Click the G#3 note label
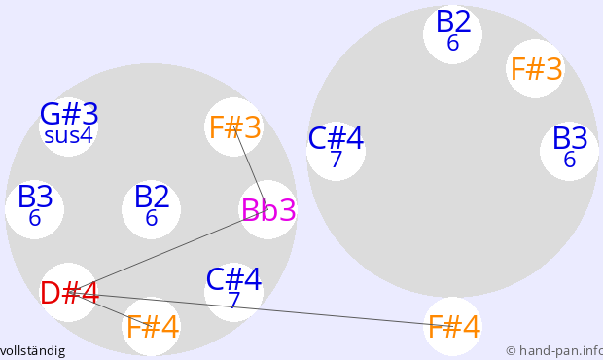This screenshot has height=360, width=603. (69, 114)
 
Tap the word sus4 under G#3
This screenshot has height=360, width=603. (68, 136)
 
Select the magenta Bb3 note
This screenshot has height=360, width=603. (268, 210)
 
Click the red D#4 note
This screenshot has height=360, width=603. (70, 293)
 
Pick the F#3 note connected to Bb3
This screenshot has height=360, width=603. (235, 127)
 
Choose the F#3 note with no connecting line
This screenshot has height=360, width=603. (536, 69)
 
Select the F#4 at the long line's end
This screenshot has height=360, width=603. (454, 327)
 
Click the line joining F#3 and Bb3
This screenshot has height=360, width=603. (250, 168)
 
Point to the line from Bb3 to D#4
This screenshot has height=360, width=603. (168, 252)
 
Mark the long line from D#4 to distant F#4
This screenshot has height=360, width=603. (262, 309)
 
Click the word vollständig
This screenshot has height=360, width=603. (32, 351)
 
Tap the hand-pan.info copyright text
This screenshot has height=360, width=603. (554, 351)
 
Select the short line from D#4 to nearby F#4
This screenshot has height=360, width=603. (111, 309)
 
